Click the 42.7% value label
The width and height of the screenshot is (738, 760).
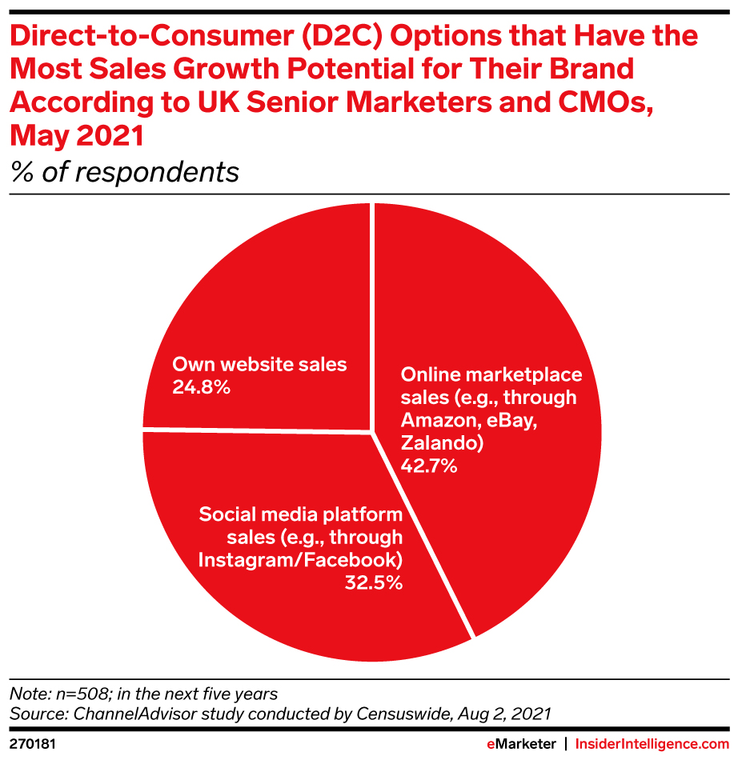click(429, 466)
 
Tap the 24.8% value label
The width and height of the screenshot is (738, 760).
click(202, 388)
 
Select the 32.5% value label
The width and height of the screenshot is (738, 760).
click(373, 582)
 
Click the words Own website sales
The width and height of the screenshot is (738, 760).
click(259, 365)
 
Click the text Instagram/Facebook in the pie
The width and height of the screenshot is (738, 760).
click(300, 559)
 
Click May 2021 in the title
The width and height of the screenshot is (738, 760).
click(77, 136)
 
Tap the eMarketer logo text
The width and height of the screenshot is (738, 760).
click(521, 744)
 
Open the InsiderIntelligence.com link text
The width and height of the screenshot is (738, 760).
click(652, 744)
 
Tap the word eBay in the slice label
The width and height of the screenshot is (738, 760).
click(518, 421)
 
